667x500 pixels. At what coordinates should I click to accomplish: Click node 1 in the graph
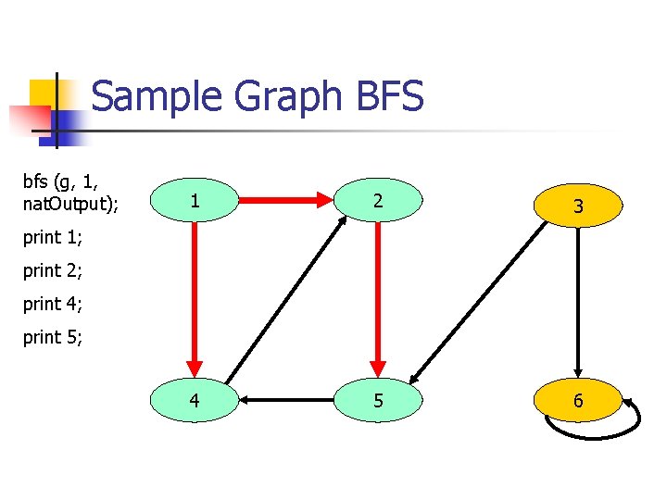pos(194,200)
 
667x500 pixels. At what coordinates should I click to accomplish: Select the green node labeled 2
pos(377,200)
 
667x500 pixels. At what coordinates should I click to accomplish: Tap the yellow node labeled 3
pos(578,206)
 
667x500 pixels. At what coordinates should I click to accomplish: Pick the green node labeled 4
pos(194,401)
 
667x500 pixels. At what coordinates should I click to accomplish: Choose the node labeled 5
pos(377,401)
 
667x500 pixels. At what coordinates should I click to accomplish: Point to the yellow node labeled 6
pos(578,401)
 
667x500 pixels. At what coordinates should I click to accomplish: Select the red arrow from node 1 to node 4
pos(195,296)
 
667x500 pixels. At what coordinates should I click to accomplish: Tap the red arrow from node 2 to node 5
pos(378,296)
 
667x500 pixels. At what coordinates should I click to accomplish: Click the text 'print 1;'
pos(53,238)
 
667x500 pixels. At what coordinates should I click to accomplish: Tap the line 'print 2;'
pos(53,271)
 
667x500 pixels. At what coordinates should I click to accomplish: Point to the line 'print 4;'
pos(53,304)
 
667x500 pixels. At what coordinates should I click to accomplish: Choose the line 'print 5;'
pos(53,337)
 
